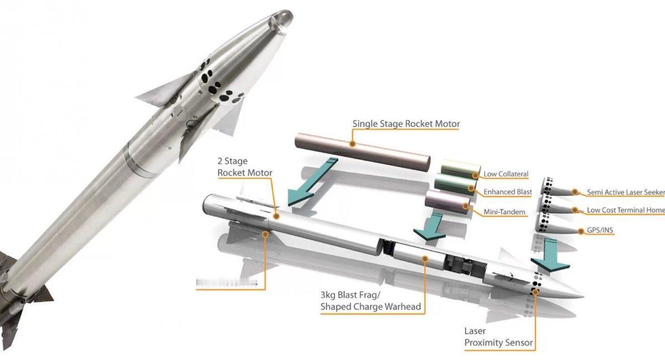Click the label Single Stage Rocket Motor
click(x=406, y=124)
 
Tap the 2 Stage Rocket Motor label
click(x=244, y=167)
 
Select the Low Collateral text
click(x=506, y=174)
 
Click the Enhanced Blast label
click(x=508, y=192)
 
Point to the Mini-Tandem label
click(x=504, y=212)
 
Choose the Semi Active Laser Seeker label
click(x=625, y=192)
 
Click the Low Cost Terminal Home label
click(x=625, y=210)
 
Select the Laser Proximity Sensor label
click(x=498, y=337)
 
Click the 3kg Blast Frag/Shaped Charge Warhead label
click(x=370, y=301)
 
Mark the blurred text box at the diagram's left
click(x=227, y=283)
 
